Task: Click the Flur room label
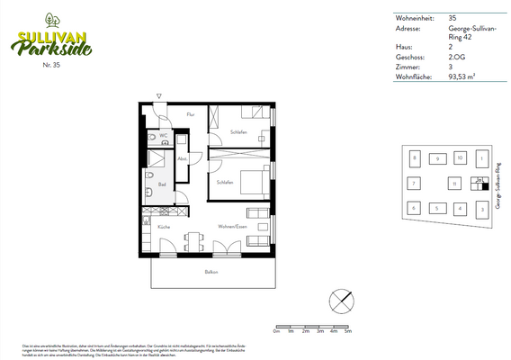(190, 114)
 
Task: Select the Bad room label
(162, 185)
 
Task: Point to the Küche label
(164, 227)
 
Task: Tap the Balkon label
(211, 272)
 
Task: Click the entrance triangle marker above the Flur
(158, 95)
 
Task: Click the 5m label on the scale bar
(346, 332)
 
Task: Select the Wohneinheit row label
(414, 17)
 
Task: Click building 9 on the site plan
(436, 158)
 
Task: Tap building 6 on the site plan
(414, 208)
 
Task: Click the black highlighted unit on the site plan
(474, 186)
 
